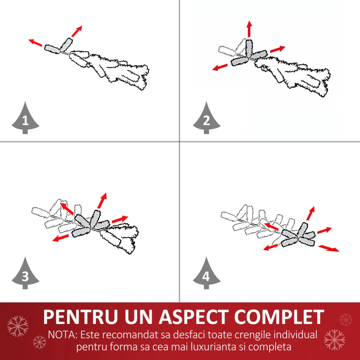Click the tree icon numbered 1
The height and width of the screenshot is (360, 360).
coord(25,119)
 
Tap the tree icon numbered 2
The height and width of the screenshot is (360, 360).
coord(207,119)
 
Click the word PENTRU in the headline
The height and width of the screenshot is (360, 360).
coord(81,317)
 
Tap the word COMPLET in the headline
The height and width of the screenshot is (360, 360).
coord(279,317)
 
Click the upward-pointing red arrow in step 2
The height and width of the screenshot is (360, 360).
coord(249,29)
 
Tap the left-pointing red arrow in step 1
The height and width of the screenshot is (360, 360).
coord(36,42)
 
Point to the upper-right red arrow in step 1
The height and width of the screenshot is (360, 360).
coord(76,31)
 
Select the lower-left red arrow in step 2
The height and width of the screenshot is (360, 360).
coord(220,67)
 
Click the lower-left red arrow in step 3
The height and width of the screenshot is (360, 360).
coord(61,238)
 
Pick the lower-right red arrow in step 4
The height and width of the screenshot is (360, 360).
coord(328,248)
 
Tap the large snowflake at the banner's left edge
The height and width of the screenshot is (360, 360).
coord(18,326)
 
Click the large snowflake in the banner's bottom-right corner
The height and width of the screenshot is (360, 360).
coord(334,340)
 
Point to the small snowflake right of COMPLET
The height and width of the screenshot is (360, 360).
coord(346,319)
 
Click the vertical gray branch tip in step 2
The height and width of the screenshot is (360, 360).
coord(249,48)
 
